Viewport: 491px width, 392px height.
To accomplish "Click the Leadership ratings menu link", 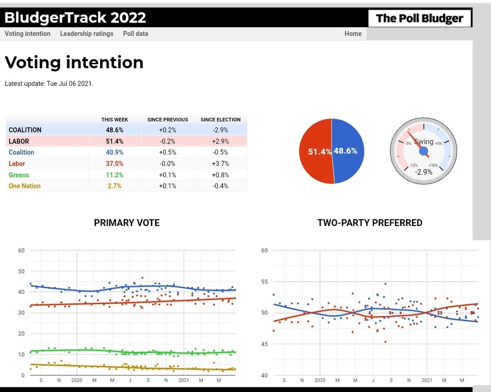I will click(x=86, y=34).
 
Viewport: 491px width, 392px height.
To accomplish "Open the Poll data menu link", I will click(x=136, y=34).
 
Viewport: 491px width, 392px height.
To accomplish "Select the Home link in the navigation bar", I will click(x=353, y=34).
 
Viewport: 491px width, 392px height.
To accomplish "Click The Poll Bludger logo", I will click(x=419, y=19).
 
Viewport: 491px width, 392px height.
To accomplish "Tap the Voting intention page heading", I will click(x=74, y=62).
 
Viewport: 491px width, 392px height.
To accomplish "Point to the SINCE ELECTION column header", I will click(x=220, y=119).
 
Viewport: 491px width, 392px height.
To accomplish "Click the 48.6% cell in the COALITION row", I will click(x=114, y=130).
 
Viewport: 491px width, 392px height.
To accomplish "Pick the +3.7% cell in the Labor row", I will click(x=220, y=164).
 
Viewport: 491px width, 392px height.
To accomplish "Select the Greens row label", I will click(x=19, y=175).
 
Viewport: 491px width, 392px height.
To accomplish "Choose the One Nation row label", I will click(x=25, y=186).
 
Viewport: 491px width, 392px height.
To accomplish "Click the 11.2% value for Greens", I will click(x=114, y=175).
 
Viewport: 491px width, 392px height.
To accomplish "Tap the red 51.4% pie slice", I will click(x=314, y=151).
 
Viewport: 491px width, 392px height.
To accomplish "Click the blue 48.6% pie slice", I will click(x=350, y=151).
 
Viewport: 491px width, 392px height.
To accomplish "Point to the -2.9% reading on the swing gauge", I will click(x=423, y=172).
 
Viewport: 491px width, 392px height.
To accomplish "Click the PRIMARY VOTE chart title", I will click(x=127, y=223).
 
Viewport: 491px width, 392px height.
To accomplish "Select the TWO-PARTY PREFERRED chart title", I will click(x=370, y=223).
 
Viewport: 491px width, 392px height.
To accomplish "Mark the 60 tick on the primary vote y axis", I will click(x=21, y=251).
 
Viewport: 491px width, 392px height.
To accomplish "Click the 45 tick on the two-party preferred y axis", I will click(x=264, y=344).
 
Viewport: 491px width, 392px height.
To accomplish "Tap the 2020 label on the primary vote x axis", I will click(x=77, y=380).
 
